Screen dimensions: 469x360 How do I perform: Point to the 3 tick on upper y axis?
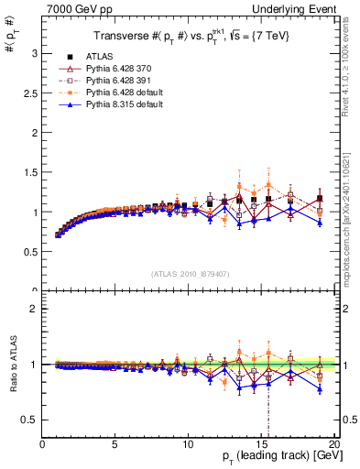(x=36, y=53)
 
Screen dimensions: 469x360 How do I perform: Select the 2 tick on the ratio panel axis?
(x=36, y=309)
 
